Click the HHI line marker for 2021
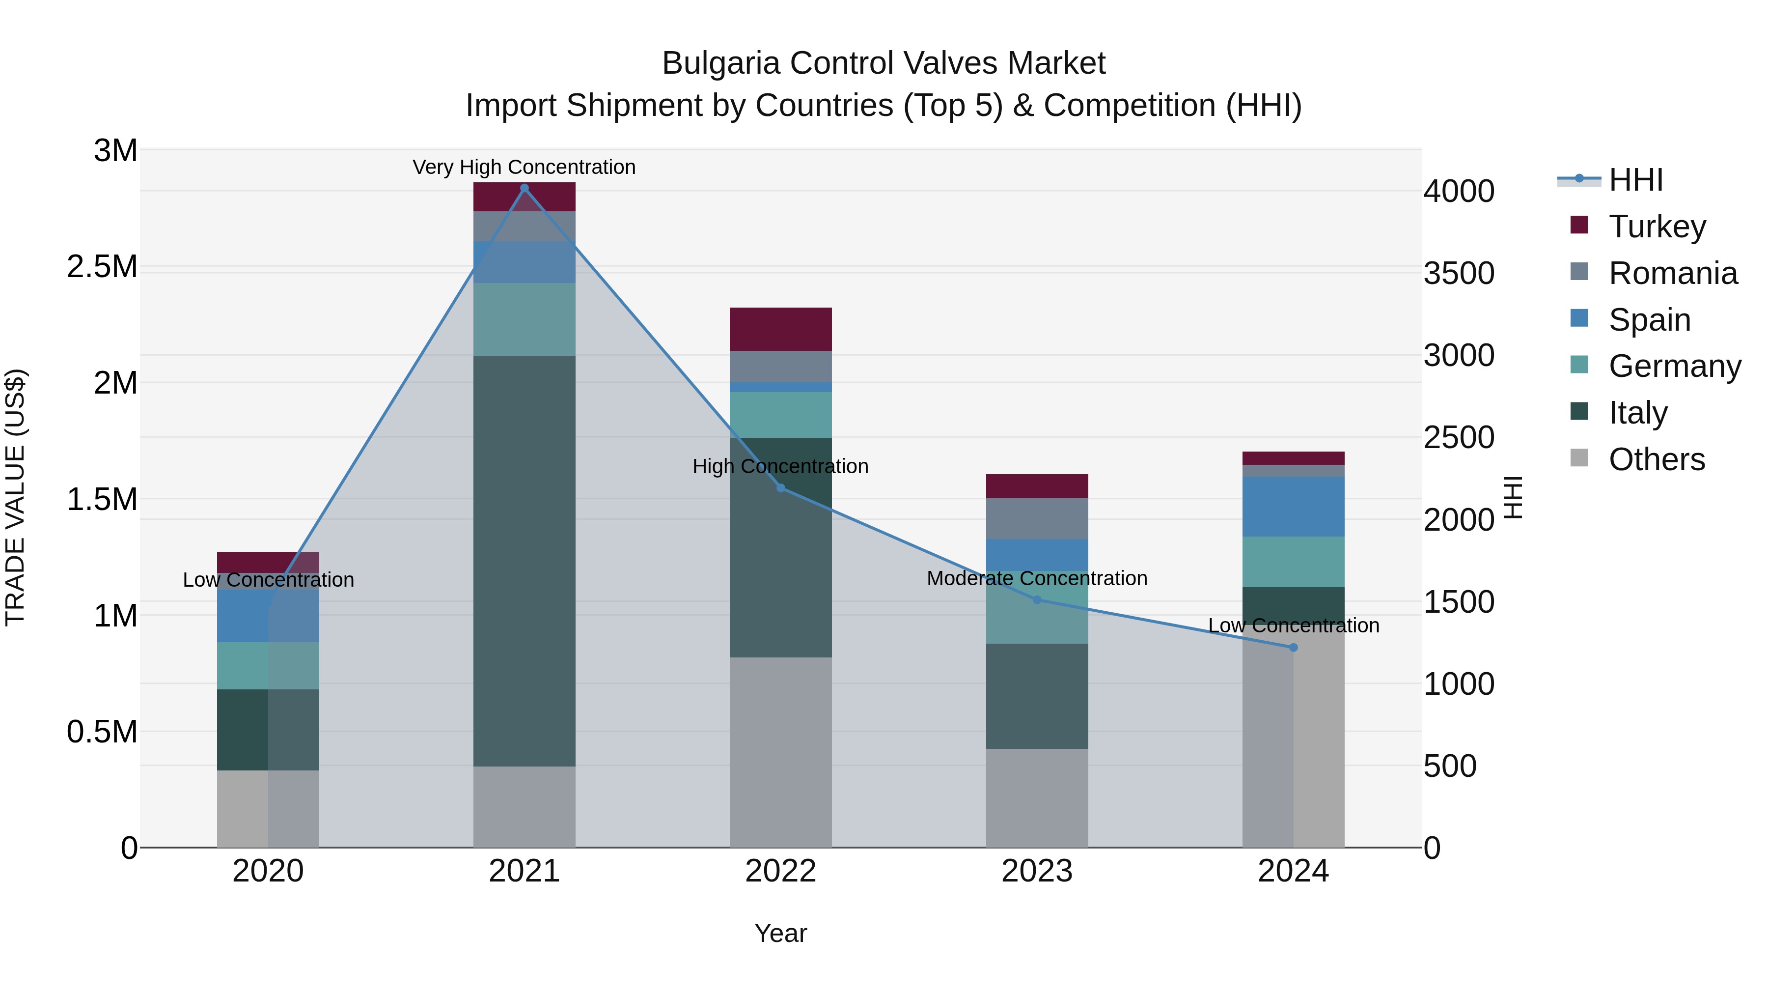525,188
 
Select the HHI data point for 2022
780,487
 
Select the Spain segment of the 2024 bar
1293,506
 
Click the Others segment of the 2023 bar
1036,797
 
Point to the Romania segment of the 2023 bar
1036,518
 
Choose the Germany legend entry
1674,366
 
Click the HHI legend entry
1635,180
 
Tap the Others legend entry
1656,459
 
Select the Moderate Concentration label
1036,578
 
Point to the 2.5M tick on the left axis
102,266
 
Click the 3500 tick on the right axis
1459,273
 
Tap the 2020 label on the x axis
268,871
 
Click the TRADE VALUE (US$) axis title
15,497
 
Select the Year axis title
780,933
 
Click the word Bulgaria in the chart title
720,63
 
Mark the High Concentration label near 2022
780,466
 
